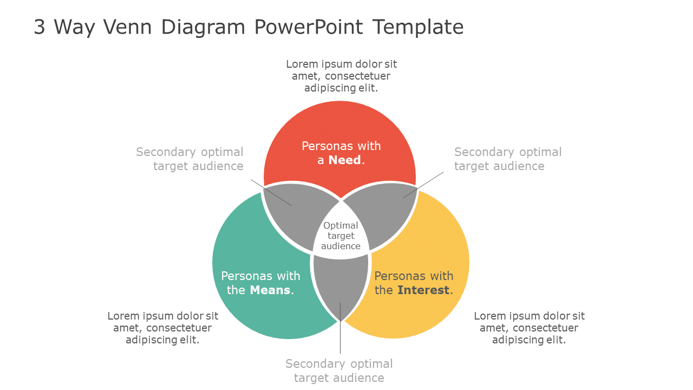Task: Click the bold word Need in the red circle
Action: click(x=344, y=160)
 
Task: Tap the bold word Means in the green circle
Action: click(x=270, y=290)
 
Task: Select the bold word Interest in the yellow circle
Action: click(x=423, y=290)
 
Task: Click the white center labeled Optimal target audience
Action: click(x=341, y=236)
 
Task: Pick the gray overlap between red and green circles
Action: click(x=295, y=214)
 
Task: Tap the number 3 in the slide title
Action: click(x=40, y=27)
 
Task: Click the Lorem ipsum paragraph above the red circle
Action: click(x=341, y=76)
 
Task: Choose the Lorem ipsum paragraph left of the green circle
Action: click(x=162, y=328)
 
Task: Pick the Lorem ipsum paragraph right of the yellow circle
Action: click(x=529, y=328)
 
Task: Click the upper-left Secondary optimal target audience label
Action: click(x=189, y=159)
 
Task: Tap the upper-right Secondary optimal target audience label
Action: click(x=507, y=159)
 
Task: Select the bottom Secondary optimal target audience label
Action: click(x=339, y=370)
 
